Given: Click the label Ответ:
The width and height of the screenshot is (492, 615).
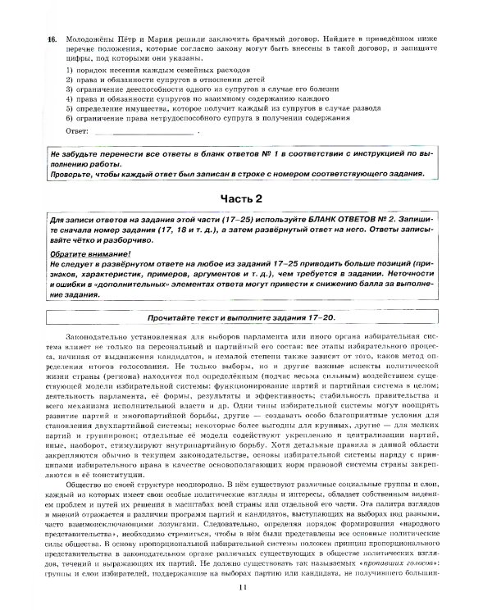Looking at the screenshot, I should [x=76, y=130].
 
